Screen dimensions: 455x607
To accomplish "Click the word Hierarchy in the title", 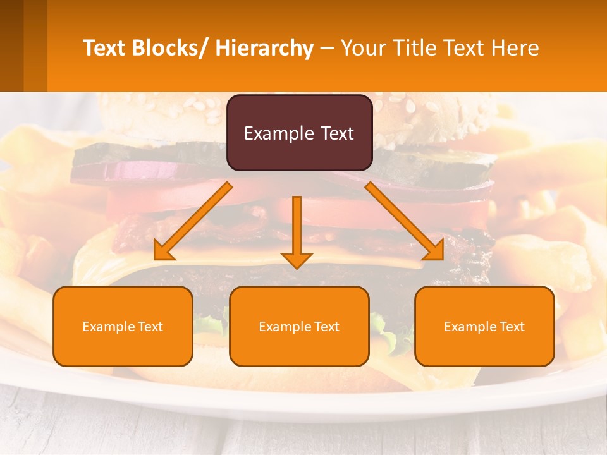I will point(264,48).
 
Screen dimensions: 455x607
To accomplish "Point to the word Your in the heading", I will point(364,48).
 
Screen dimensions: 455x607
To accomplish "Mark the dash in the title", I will point(327,49).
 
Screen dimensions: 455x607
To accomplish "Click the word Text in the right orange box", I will point(511,327).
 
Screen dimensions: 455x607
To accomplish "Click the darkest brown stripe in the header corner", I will point(11,45).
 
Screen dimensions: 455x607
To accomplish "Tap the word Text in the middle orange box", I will point(326,327).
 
